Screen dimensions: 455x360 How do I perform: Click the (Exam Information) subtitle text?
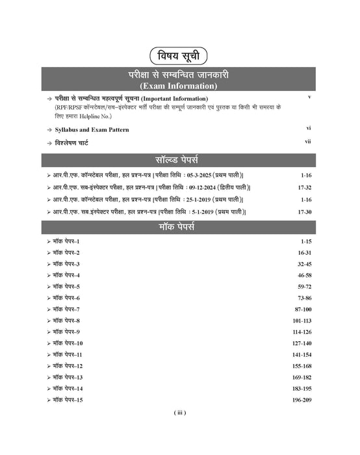tap(180, 85)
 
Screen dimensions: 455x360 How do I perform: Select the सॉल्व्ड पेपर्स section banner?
tap(180, 159)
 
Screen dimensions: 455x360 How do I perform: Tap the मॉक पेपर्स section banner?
tap(180, 227)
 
